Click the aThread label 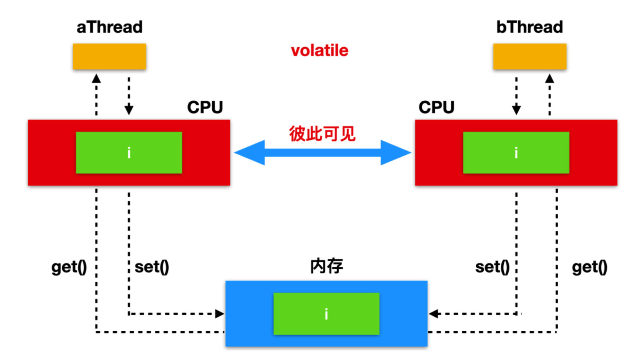coord(110,27)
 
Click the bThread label coord(529,27)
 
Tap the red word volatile coord(320,51)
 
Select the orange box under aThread coord(109,56)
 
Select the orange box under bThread coord(529,56)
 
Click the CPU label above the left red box coord(205,107)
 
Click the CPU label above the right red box coord(436,107)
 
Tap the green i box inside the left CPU coord(129,152)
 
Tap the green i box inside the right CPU coord(516,152)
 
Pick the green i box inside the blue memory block coord(326,314)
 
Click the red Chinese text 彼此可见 coord(322,134)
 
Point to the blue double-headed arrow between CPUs coord(322,152)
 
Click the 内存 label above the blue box coord(326,266)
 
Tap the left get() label coord(69,267)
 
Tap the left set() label coord(152,267)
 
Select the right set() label coord(492,267)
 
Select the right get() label coord(589,267)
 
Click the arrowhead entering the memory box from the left coord(220,314)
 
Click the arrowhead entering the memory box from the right coord(433,314)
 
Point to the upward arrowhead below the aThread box coord(96,78)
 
